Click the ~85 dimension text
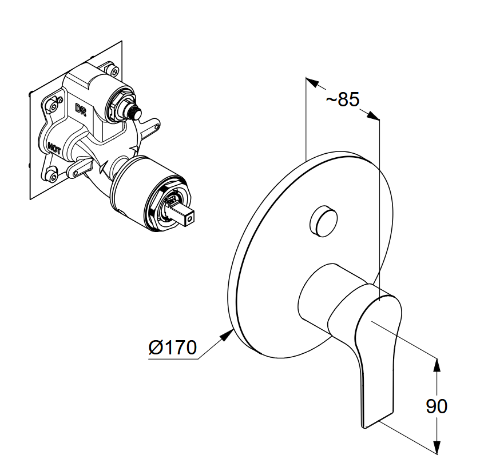click(x=343, y=99)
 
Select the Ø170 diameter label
click(x=173, y=348)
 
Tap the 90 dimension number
click(x=437, y=406)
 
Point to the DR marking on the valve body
click(x=81, y=110)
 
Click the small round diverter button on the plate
click(x=323, y=221)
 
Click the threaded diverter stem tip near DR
click(x=135, y=111)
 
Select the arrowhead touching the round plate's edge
click(x=227, y=334)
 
